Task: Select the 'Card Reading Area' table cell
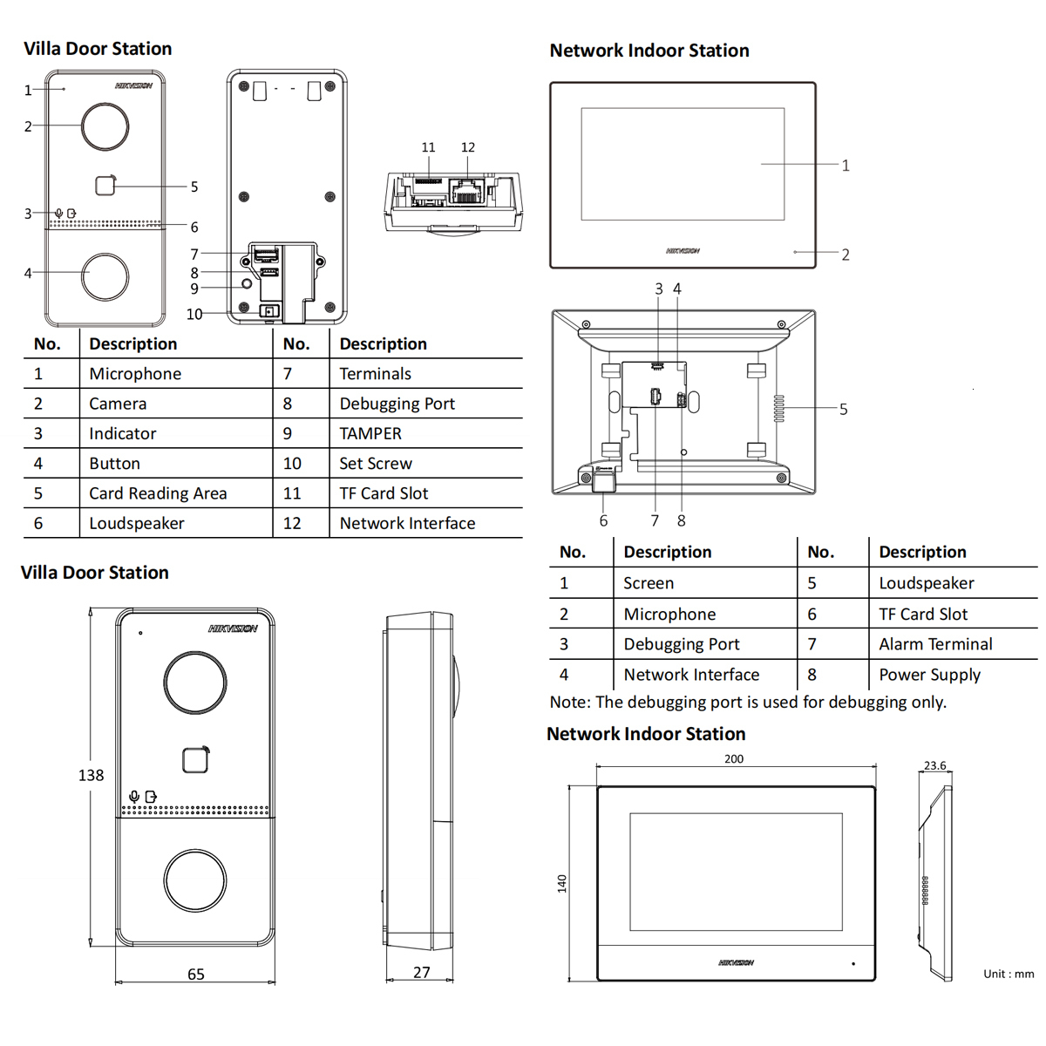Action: click(158, 493)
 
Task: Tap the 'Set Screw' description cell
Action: click(376, 464)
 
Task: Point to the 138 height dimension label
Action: click(91, 775)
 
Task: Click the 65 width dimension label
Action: click(196, 974)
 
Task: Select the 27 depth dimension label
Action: click(422, 972)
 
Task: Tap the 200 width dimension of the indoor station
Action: click(734, 758)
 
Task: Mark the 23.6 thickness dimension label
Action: click(934, 765)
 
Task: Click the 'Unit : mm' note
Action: click(1009, 974)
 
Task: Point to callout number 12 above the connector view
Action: click(468, 147)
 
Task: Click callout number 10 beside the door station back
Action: click(194, 314)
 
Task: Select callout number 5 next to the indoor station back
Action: click(843, 409)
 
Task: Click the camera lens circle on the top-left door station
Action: click(105, 127)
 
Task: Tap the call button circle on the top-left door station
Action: click(105, 276)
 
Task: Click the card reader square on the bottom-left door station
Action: click(196, 760)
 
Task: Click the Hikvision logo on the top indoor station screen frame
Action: click(683, 251)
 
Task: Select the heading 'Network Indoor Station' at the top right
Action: click(649, 51)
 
